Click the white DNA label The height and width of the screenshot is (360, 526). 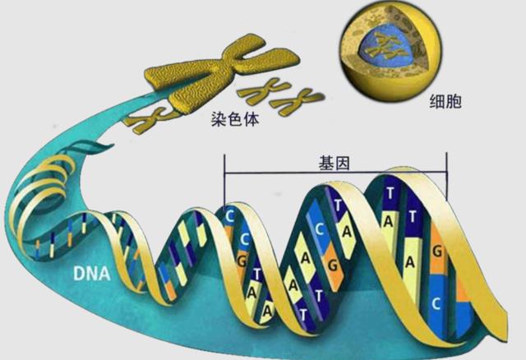(91, 274)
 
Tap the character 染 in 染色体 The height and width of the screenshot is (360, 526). (219, 119)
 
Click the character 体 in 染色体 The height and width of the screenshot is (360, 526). (251, 119)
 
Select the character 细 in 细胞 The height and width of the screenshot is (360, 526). (437, 101)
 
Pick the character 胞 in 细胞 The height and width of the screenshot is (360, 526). (454, 101)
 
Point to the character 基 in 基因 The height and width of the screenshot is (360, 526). (325, 164)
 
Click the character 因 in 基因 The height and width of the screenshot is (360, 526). (343, 164)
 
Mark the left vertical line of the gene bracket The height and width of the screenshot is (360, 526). (224, 180)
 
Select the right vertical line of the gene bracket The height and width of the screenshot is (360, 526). (446, 176)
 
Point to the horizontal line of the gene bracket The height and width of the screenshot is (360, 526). (335, 173)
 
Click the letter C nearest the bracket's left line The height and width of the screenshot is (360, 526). (229, 216)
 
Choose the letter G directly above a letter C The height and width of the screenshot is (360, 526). (436, 251)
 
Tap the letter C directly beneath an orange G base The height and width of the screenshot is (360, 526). (436, 303)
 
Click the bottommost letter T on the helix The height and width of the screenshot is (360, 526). (303, 316)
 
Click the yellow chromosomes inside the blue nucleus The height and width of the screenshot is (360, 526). (385, 48)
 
